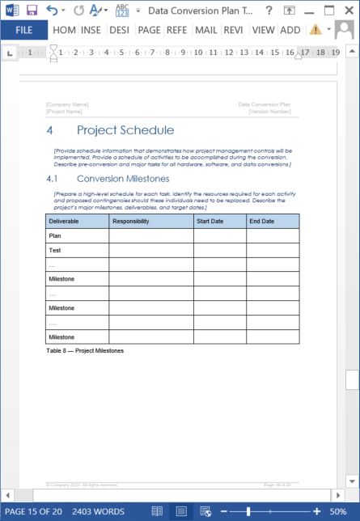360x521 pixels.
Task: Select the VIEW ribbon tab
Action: [x=263, y=30]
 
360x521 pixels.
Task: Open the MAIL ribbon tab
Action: [x=205, y=30]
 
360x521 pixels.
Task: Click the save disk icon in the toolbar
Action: [x=32, y=10]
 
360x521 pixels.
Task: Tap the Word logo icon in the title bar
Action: [x=11, y=10]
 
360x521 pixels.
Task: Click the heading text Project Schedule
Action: [x=125, y=130]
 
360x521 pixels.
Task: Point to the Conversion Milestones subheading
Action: [x=123, y=179]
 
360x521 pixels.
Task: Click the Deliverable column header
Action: [x=64, y=221]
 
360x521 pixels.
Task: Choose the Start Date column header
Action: [x=210, y=221]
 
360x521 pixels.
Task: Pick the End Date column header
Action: [x=261, y=221]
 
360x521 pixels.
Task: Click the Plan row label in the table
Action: [x=55, y=235]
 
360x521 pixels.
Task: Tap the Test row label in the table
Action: [x=55, y=250]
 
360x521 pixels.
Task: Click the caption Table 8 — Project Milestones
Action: [x=85, y=351]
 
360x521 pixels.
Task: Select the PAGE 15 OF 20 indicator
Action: [x=34, y=512]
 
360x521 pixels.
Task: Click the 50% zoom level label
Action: [x=337, y=512]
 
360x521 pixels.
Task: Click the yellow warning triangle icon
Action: [x=315, y=30]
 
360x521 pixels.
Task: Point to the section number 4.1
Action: [x=53, y=179]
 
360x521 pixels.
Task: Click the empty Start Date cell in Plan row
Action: [x=219, y=235]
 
